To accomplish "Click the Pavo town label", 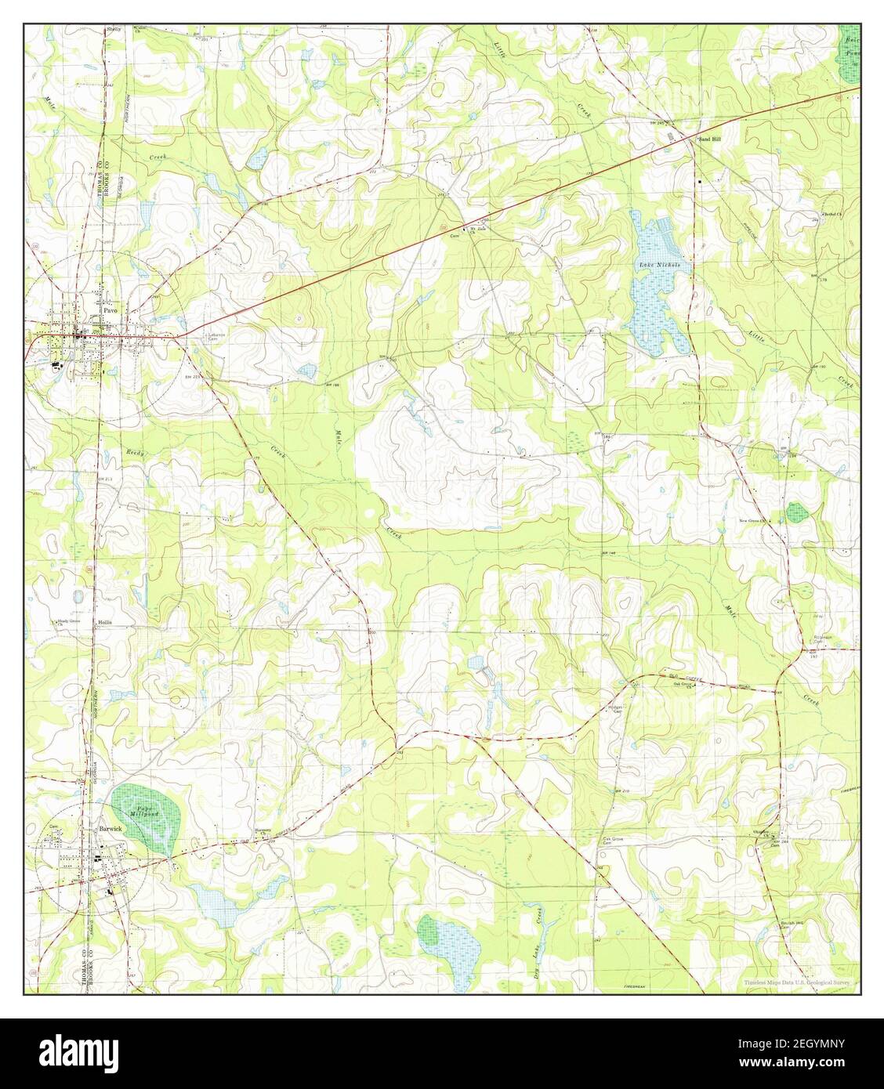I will (110, 311).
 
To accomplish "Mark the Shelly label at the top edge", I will (114, 29).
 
